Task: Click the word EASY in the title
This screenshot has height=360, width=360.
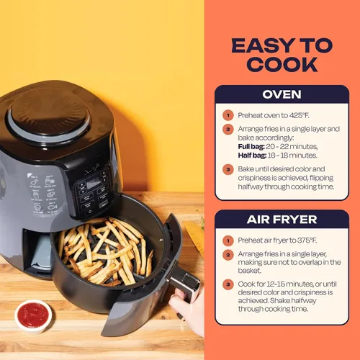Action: pos(264,45)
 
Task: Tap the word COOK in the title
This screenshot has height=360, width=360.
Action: pos(282,64)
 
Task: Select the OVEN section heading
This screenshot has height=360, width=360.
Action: pos(282,94)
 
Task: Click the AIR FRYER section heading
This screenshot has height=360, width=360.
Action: pos(282,220)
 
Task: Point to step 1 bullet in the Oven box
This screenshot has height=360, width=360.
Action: pos(228,115)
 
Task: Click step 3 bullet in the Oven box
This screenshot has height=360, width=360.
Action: pos(228,169)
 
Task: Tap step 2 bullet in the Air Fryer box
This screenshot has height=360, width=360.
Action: pos(228,255)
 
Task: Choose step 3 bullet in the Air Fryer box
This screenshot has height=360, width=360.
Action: pos(228,284)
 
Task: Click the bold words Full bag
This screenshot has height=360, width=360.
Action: pos(251,147)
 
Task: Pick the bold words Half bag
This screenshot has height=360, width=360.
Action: pos(252,156)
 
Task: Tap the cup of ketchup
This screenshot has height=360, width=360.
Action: pos(33,316)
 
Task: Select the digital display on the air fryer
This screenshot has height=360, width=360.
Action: pos(94,184)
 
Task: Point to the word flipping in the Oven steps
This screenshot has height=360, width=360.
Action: pos(321,178)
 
